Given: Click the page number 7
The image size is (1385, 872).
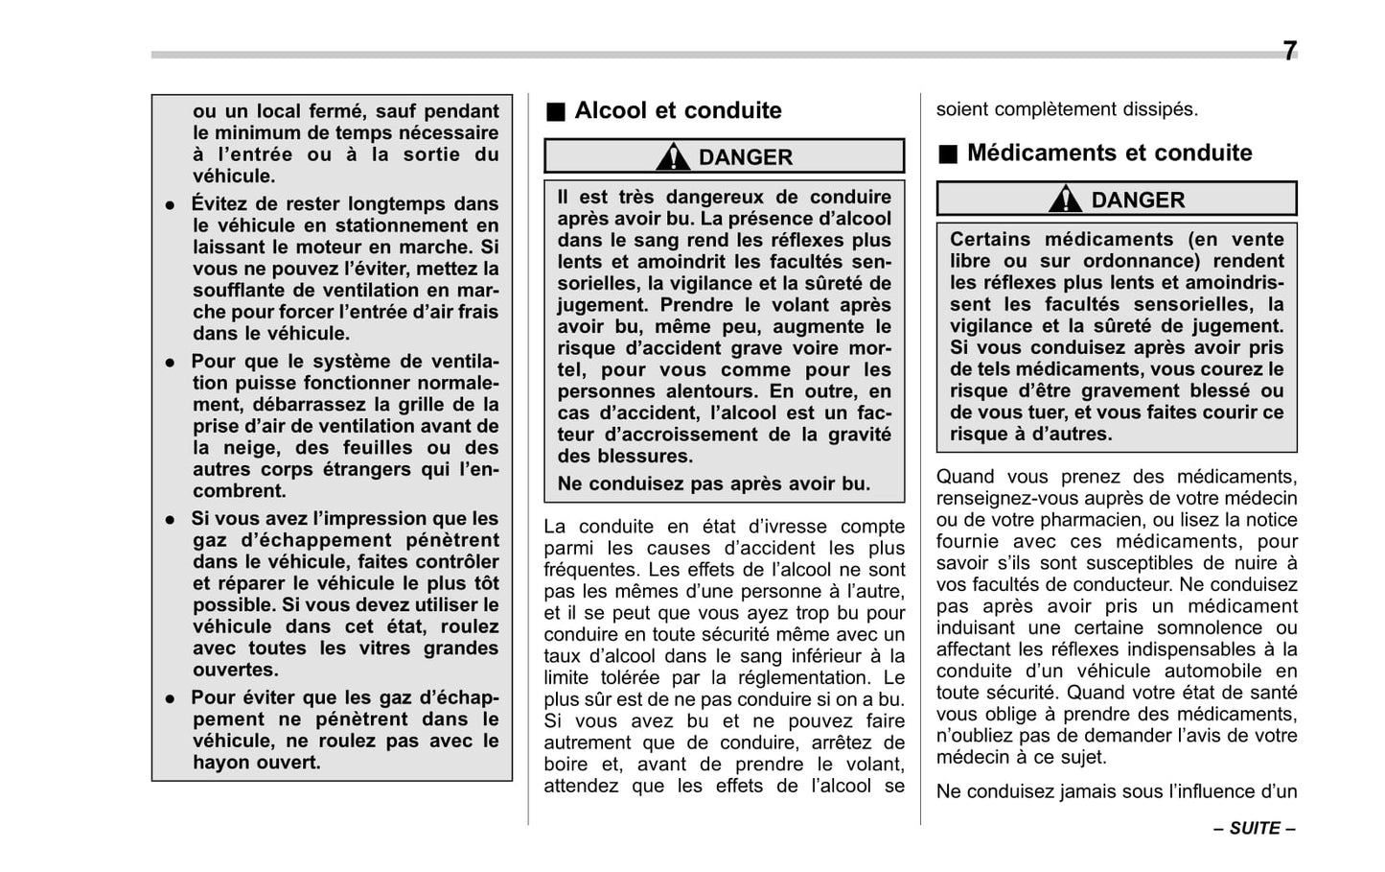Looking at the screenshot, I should (x=1289, y=51).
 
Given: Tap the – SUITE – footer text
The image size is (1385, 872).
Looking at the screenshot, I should (x=1254, y=828).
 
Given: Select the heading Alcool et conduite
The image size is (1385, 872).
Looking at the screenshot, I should (x=678, y=110).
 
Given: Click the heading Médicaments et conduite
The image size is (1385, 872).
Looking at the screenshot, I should (x=1109, y=153).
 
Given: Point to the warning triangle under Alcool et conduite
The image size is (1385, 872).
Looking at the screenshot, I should (x=673, y=156).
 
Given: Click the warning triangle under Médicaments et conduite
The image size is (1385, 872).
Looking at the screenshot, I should (x=1065, y=200).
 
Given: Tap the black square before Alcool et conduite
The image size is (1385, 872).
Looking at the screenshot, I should (x=556, y=111).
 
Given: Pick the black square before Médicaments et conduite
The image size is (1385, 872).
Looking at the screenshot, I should (x=948, y=153).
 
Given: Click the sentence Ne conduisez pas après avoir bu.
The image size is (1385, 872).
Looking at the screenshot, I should (x=713, y=483).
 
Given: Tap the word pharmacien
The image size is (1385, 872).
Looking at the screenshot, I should (x=1044, y=520).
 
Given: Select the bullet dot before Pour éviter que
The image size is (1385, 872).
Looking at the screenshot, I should (x=170, y=698).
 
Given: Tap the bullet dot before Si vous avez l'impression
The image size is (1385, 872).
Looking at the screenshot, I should (x=170, y=519).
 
